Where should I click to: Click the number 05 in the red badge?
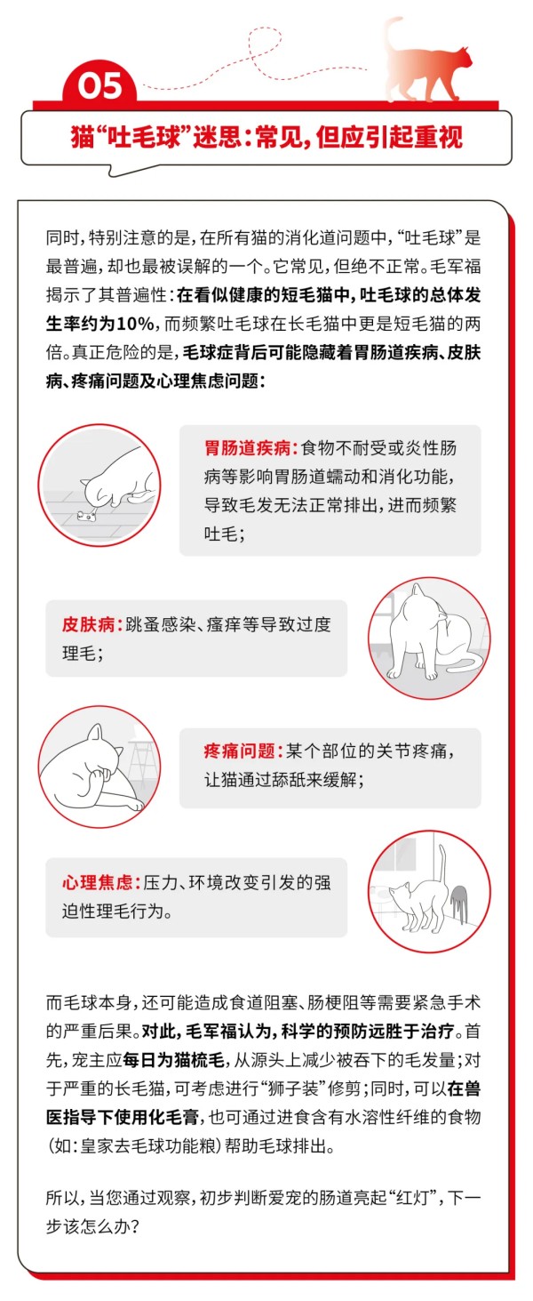tap(99, 86)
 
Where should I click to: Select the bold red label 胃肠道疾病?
tap(247, 448)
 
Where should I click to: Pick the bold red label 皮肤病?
tap(88, 624)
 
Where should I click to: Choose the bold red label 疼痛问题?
tap(238, 751)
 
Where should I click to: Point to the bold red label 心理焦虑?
tap(97, 882)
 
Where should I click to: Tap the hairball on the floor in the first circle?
tap(85, 515)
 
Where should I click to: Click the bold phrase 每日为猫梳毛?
tap(173, 1060)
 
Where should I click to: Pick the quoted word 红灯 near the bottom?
tap(412, 1198)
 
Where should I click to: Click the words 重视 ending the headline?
tap(442, 137)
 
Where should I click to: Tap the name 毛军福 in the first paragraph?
tap(456, 267)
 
